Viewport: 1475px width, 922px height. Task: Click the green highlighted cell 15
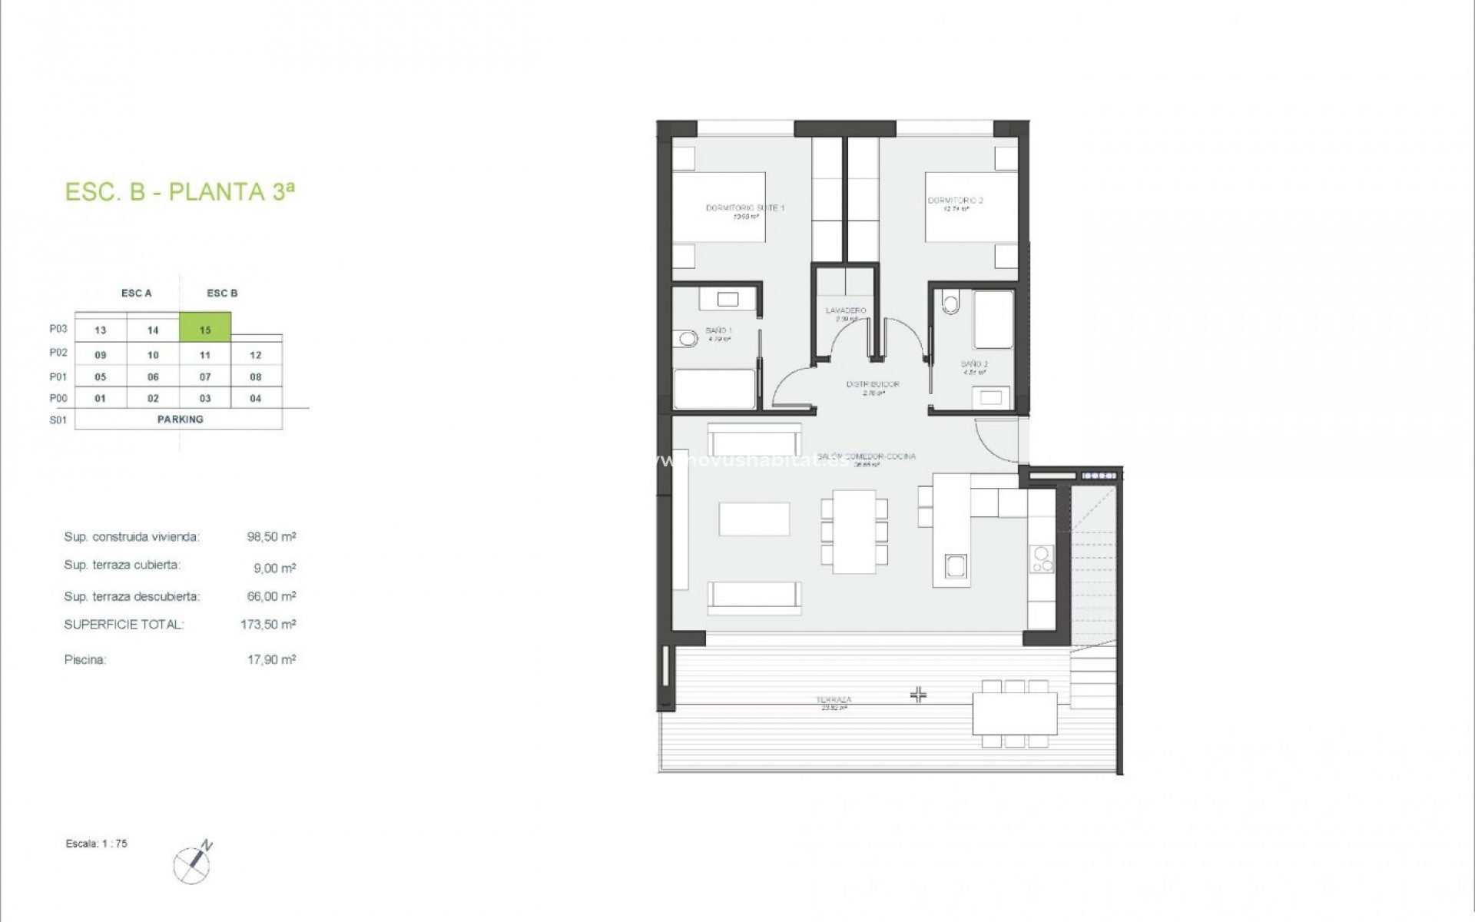coord(205,329)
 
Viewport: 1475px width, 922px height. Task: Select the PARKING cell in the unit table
coord(180,419)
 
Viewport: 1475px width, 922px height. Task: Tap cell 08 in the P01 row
coord(256,376)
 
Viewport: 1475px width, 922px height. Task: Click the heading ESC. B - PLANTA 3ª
coord(180,191)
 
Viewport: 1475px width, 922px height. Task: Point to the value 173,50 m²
coord(268,625)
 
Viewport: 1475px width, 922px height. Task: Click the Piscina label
coord(85,659)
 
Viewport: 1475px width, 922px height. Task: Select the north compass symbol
coord(192,864)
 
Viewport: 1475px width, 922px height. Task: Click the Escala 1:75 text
coord(97,844)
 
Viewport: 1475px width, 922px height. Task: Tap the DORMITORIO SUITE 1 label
coord(744,208)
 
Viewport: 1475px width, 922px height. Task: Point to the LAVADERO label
coord(845,311)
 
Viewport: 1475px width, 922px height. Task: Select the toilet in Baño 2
coord(951,303)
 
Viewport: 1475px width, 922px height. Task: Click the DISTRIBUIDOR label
coord(873,384)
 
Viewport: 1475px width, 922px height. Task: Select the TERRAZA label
coord(834,700)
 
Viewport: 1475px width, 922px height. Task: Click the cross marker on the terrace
coord(918,695)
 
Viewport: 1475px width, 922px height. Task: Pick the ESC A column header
coord(136,293)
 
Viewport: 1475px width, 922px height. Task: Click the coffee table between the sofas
coord(754,519)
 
